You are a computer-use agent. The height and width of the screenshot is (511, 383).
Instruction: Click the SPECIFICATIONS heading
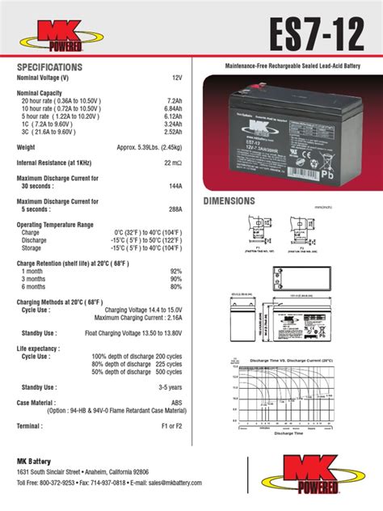click(49, 66)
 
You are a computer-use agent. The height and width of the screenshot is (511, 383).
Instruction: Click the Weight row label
click(26, 147)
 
